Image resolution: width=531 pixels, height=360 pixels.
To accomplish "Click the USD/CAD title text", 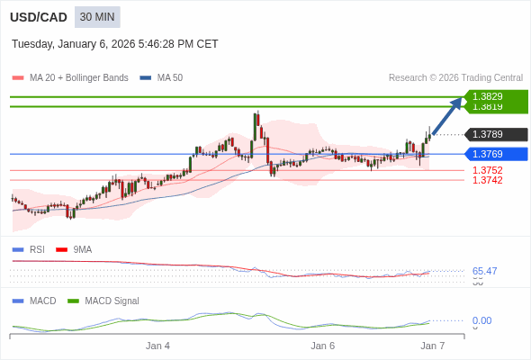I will [x=38, y=17].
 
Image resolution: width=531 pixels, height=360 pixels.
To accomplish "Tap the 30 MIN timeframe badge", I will [x=97, y=17].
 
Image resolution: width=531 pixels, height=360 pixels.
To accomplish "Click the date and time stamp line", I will [x=115, y=44].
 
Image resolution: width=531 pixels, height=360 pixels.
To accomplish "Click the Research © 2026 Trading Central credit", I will [x=455, y=78].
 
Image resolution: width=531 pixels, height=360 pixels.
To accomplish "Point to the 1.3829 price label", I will [x=488, y=96].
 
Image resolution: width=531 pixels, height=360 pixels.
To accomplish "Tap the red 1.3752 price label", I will [x=487, y=170].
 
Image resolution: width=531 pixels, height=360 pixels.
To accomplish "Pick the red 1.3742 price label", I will [x=487, y=180].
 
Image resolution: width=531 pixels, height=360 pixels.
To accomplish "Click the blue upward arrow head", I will [x=456, y=103].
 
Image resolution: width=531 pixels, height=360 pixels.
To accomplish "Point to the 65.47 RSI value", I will [x=484, y=271].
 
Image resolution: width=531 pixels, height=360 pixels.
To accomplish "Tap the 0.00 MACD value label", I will [x=481, y=320].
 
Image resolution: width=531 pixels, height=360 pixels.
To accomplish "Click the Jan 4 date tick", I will [x=158, y=346].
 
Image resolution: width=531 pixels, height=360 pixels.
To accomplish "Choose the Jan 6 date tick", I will [x=323, y=346].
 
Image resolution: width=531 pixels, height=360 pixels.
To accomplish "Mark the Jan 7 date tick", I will [x=433, y=346].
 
